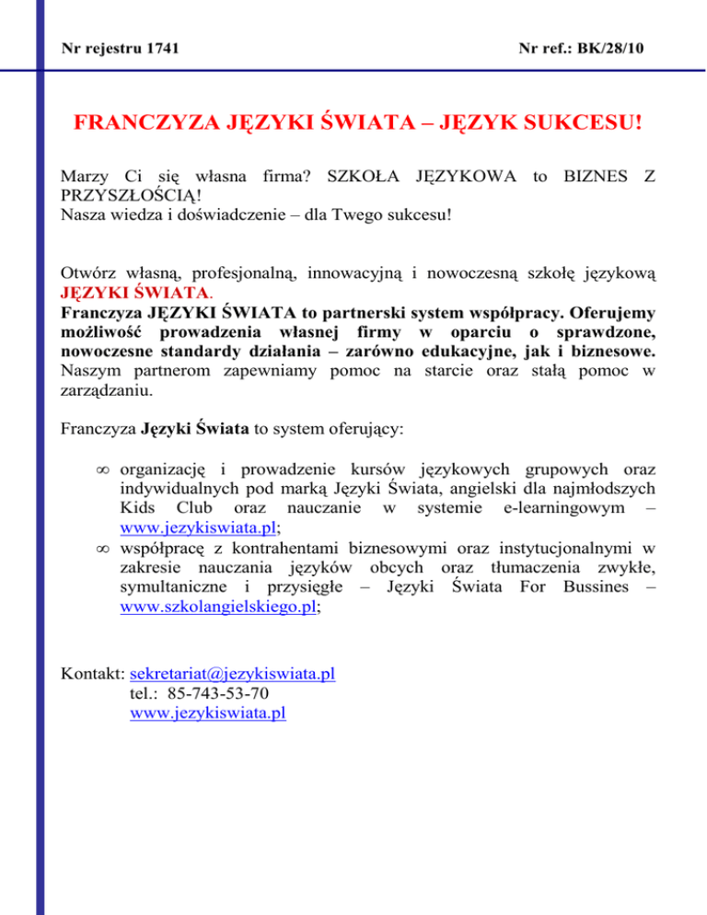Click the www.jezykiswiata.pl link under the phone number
208,714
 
